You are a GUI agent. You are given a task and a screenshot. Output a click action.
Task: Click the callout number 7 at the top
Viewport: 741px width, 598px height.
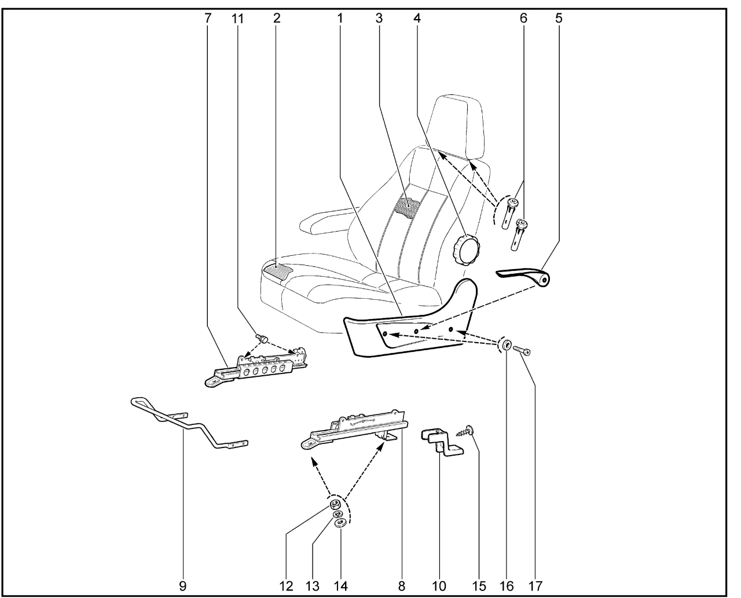coord(208,18)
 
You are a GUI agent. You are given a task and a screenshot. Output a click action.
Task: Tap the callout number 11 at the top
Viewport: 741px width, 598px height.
coord(237,19)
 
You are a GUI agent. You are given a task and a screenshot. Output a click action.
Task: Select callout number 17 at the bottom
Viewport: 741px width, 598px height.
coord(535,586)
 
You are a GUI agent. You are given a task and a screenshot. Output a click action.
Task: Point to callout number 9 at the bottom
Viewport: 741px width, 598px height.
coord(182,586)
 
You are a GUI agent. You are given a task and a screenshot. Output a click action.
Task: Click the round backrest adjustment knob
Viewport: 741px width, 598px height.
coord(466,251)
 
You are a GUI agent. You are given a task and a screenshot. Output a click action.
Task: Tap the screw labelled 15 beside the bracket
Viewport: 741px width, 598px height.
coord(465,433)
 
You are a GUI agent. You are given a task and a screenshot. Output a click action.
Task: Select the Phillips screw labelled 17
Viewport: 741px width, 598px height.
coord(522,350)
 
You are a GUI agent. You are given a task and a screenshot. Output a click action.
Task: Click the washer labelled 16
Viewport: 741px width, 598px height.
coord(507,346)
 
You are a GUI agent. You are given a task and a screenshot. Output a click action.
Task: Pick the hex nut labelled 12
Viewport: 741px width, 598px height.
coord(335,504)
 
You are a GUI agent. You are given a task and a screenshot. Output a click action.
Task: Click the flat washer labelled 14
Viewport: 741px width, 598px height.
coord(340,523)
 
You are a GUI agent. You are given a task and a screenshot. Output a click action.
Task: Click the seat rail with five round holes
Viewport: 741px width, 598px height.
coord(256,368)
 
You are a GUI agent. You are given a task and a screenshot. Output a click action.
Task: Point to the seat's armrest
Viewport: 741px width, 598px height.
coord(325,221)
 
